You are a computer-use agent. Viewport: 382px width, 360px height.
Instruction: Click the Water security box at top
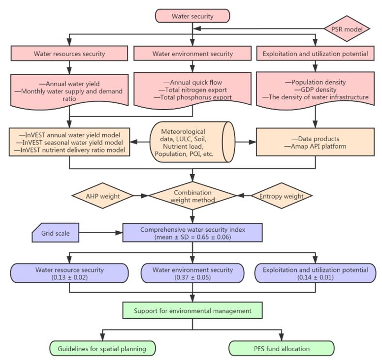coord(192,16)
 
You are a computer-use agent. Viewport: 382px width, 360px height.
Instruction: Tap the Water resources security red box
coord(69,54)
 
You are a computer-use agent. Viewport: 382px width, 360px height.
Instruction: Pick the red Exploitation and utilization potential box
coord(316,54)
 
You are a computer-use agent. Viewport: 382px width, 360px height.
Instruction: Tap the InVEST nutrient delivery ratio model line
coord(73,150)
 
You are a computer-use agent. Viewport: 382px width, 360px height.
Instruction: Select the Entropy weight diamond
coord(280,196)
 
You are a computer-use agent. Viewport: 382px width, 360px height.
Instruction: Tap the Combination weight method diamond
coord(192,196)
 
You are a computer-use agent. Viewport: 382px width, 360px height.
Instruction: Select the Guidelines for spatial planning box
coord(102,348)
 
